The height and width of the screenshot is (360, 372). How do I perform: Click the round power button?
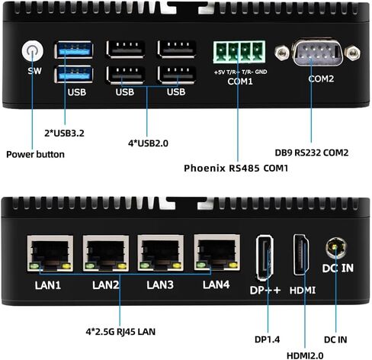click(33, 50)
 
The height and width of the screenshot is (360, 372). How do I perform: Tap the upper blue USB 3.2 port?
click(74, 50)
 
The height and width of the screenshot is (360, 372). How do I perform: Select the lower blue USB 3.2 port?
click(74, 74)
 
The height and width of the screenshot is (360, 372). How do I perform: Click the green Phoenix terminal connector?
click(239, 52)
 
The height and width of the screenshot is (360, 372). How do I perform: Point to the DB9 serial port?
click(317, 53)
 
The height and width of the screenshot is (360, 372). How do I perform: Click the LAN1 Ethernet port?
click(50, 253)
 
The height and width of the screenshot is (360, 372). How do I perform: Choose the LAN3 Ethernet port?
click(161, 253)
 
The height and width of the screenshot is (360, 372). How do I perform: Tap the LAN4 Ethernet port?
click(217, 252)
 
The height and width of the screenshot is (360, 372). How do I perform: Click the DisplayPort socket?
click(265, 258)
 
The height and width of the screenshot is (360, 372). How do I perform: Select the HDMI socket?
click(301, 255)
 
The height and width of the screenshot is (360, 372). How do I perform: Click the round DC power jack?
click(336, 247)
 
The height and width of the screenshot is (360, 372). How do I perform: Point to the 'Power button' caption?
click(35, 155)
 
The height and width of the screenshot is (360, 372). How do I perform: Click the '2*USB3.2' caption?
click(64, 133)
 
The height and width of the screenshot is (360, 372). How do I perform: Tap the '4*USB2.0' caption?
click(148, 143)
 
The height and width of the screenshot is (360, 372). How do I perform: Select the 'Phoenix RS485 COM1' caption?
click(236, 168)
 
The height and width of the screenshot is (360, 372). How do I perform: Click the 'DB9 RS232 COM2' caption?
click(312, 153)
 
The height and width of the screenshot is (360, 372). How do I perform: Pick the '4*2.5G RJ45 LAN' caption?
click(120, 332)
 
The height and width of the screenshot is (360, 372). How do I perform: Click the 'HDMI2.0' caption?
click(305, 355)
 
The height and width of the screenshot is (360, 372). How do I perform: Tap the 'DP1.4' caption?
click(267, 339)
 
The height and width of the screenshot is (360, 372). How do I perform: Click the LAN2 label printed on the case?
click(106, 285)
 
